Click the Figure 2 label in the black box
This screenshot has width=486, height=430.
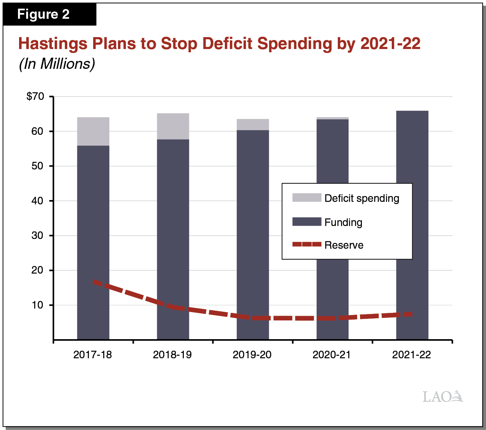pyautogui.click(x=43, y=14)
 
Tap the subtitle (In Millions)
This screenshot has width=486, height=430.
pyautogui.click(x=57, y=64)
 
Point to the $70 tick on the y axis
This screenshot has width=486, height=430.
pyautogui.click(x=35, y=96)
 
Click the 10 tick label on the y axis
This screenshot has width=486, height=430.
pyautogui.click(x=37, y=305)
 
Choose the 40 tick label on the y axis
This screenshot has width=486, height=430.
pyautogui.click(x=37, y=201)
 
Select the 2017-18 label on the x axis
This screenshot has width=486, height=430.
pyautogui.click(x=92, y=355)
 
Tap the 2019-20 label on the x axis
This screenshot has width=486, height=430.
pyautogui.click(x=252, y=355)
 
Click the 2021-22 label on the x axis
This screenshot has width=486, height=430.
pyautogui.click(x=411, y=355)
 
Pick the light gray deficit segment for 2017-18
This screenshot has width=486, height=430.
pyautogui.click(x=93, y=132)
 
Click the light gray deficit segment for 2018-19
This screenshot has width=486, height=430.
pyautogui.click(x=173, y=126)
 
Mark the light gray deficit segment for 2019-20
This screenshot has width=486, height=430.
pyautogui.click(x=253, y=124)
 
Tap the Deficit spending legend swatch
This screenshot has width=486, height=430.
pyautogui.click(x=306, y=198)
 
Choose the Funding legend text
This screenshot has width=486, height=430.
pyautogui.click(x=343, y=222)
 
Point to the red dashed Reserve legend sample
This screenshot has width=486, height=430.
pyautogui.click(x=306, y=244)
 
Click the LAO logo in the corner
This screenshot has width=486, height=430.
pyautogui.click(x=442, y=396)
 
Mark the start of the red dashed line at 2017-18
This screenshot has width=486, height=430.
pyautogui.click(x=95, y=282)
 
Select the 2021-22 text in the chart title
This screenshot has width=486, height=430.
pyautogui.click(x=390, y=44)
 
